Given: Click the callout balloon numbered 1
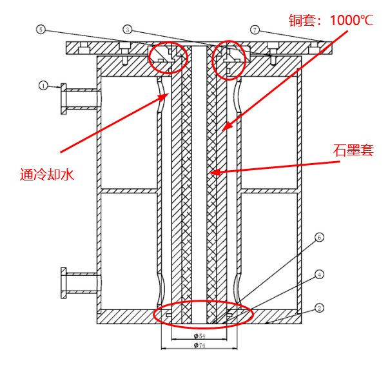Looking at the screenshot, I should click(x=43, y=84).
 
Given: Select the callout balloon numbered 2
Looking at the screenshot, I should click(x=320, y=308).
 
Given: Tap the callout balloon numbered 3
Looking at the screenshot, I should click(x=128, y=30).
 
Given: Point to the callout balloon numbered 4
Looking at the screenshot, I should click(x=320, y=275).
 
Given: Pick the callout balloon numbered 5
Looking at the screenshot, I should click(x=41, y=30).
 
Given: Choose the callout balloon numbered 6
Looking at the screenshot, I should click(x=319, y=237).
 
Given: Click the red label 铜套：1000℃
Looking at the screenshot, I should click(x=329, y=19).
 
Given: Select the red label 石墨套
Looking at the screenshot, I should click(x=351, y=150).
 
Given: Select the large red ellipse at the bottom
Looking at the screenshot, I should click(x=204, y=314).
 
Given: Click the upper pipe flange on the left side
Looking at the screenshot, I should click(x=64, y=98).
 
